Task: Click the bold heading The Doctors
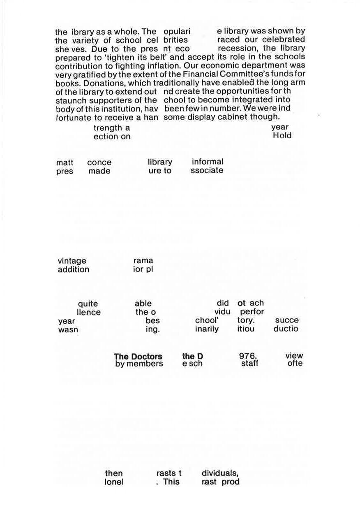coord(138,356)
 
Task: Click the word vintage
coord(72,261)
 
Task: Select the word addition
coord(73,269)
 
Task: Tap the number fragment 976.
coord(248,356)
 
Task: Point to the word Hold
coord(282,136)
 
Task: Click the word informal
coord(208,162)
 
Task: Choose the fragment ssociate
coord(207,170)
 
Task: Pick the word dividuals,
coord(220,473)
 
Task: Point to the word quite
coord(88,304)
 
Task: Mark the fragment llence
coord(89,313)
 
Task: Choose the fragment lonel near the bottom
coord(114,482)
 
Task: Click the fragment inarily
coord(207,329)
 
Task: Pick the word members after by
coord(145,364)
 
